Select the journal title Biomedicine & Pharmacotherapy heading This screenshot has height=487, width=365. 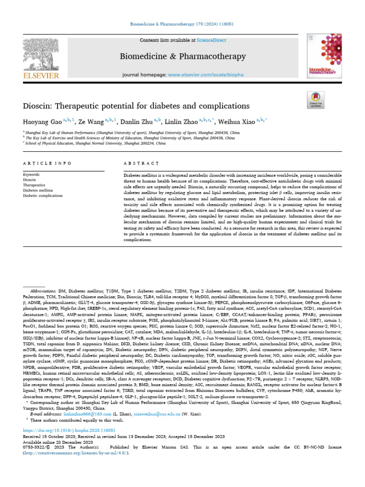(182, 57)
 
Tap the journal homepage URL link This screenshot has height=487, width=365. (206, 75)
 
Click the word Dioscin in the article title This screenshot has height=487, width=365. (39, 105)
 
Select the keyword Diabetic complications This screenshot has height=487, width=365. (43, 195)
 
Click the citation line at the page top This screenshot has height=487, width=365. (182, 23)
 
